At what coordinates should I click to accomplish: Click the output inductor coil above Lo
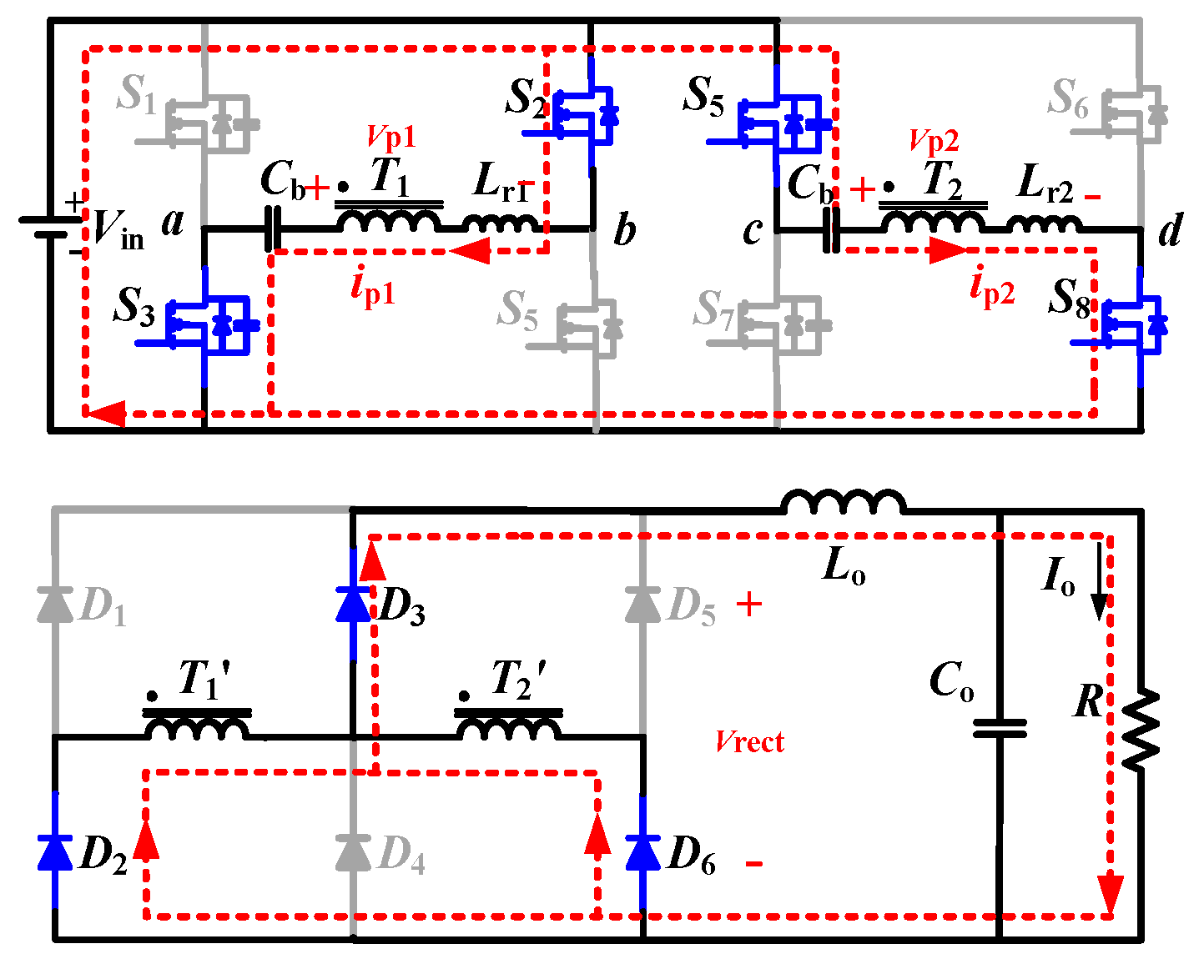click(x=843, y=503)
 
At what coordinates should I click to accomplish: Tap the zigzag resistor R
click(x=1140, y=730)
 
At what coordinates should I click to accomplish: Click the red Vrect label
click(x=749, y=741)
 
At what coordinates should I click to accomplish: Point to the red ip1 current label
click(x=372, y=288)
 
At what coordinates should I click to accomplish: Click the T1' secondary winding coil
click(x=197, y=728)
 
